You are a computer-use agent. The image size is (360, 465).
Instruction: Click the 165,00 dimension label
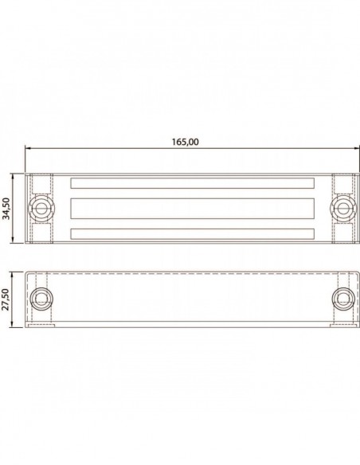coord(186,142)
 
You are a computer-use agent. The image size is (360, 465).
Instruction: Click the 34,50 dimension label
coord(6,208)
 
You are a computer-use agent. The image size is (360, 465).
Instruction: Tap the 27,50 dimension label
coord(6,299)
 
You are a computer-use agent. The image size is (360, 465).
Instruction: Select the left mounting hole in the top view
coord(41,208)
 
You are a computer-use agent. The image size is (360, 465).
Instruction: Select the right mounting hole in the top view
coord(343,208)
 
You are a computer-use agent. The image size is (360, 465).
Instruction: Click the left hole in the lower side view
coord(41,299)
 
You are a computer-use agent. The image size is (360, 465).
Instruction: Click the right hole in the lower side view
coord(343,299)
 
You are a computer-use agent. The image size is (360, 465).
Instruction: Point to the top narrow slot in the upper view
coord(193,183)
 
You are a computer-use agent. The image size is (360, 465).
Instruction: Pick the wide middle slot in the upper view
coord(193,209)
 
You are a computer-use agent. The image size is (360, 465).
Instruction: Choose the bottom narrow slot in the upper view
coord(193,234)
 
